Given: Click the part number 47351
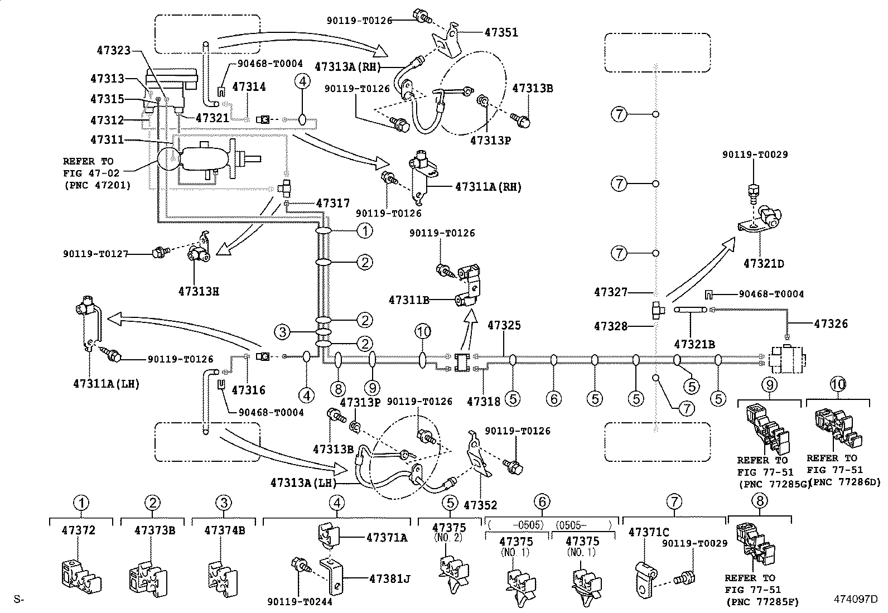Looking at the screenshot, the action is pos(501,32).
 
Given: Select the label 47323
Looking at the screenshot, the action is pos(114,50).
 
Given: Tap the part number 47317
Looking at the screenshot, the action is pos(333,203).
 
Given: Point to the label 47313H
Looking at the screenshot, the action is pos(199,291).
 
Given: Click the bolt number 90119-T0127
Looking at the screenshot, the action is pos(95,253).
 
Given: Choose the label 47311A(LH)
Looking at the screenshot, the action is pos(107,384).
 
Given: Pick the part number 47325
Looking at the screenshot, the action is pos(504,325).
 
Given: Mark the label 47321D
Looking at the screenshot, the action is pos(764,264).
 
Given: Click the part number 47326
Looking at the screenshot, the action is pos(831,324).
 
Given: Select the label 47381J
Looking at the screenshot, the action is pos(390,579).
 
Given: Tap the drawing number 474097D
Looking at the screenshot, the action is pos(856,599).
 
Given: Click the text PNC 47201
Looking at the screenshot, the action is pos(98,185).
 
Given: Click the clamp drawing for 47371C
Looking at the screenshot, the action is pos(645,580).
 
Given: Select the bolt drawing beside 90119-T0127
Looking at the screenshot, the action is pos(161,252).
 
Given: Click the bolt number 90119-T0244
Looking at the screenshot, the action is pos(300,601).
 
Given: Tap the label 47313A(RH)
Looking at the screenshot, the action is pos(348,66).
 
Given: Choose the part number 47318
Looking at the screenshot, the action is pos(484,402).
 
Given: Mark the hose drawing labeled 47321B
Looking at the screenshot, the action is pos(690,310).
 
